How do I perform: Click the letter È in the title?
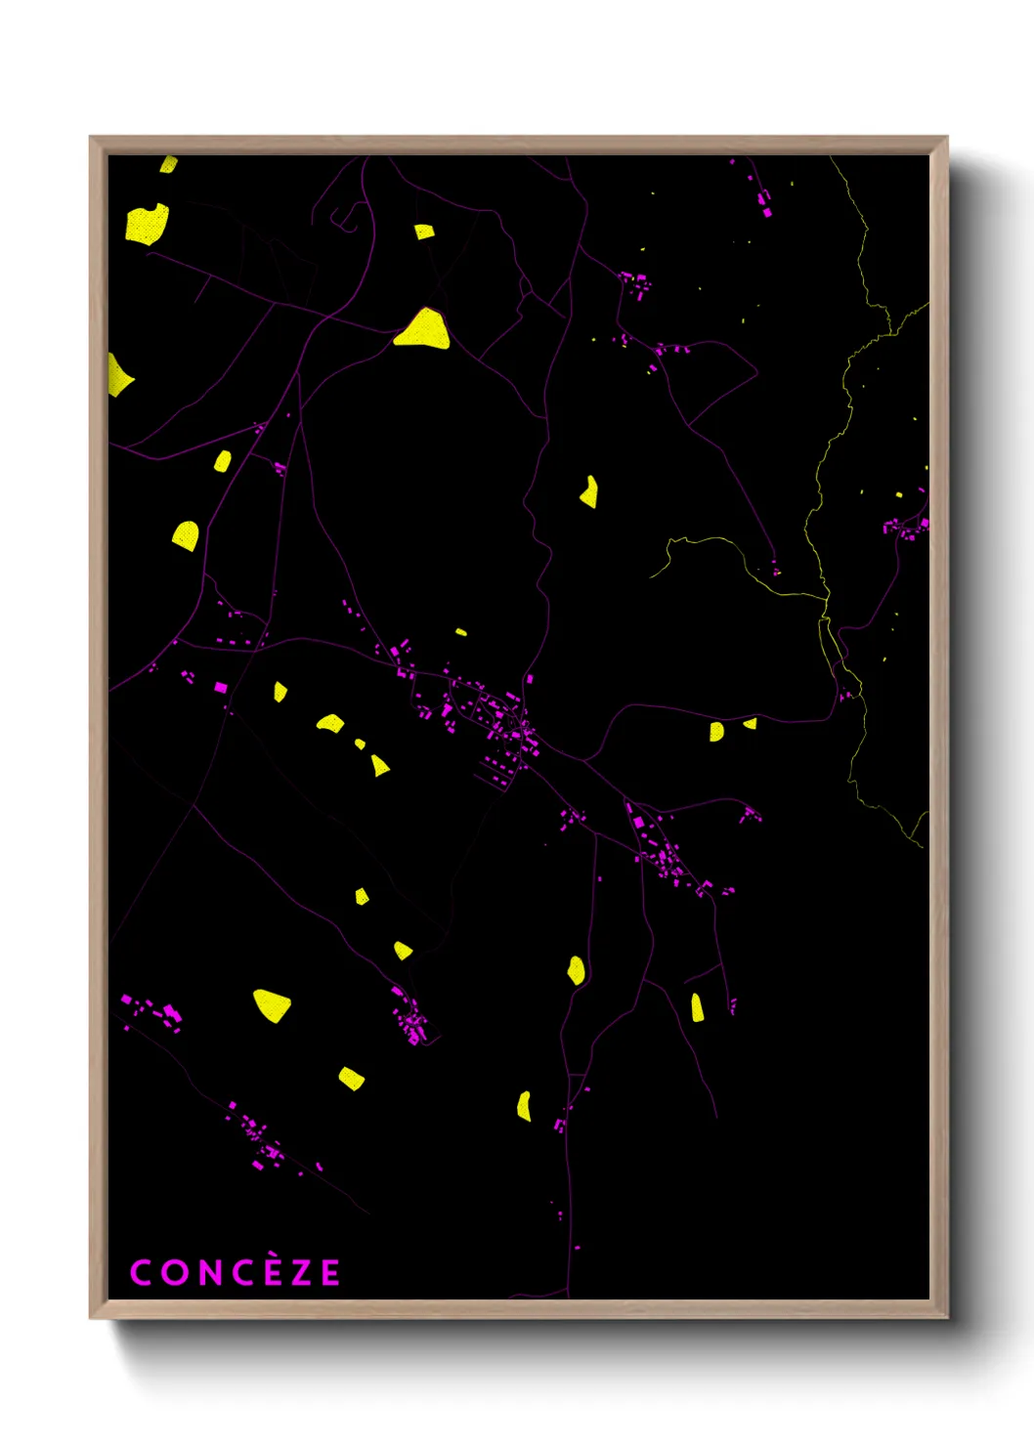click(x=274, y=1272)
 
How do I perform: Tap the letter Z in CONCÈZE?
click(x=302, y=1273)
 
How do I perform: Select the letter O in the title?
click(x=174, y=1273)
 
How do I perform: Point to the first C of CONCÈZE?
click(x=141, y=1273)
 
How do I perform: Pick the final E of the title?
click(x=330, y=1273)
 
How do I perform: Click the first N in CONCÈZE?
click(x=208, y=1273)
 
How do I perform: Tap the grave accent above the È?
click(x=273, y=1257)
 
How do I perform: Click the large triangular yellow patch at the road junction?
click(x=423, y=330)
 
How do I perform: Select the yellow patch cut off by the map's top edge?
click(x=168, y=164)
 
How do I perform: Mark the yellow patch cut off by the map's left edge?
click(x=117, y=375)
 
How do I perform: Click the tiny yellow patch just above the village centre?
click(x=461, y=632)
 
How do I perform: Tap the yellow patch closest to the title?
click(x=351, y=1079)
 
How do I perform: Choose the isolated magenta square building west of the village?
click(x=221, y=688)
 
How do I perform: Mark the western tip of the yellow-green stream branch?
click(x=653, y=575)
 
